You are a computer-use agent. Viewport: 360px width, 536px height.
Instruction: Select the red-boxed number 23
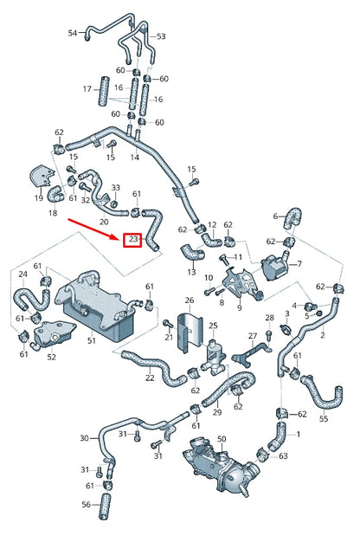pyautogui.click(x=132, y=239)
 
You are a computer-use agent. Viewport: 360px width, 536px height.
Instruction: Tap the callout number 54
pyautogui.click(x=73, y=33)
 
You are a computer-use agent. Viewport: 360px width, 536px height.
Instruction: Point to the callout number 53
pyautogui.click(x=161, y=36)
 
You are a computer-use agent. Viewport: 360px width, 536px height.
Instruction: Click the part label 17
pyautogui.click(x=87, y=89)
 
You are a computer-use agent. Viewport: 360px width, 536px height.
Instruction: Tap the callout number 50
pyautogui.click(x=222, y=441)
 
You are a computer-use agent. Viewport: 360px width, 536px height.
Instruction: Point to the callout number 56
pyautogui.click(x=86, y=505)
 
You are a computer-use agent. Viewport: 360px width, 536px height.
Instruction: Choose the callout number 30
pyautogui.click(x=84, y=438)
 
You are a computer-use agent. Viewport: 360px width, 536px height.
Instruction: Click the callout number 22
pyautogui.click(x=150, y=377)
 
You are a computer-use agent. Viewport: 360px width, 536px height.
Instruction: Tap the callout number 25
pyautogui.click(x=213, y=326)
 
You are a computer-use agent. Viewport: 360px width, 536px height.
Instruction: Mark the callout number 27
pyautogui.click(x=253, y=336)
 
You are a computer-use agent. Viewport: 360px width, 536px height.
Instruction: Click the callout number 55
pyautogui.click(x=324, y=418)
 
